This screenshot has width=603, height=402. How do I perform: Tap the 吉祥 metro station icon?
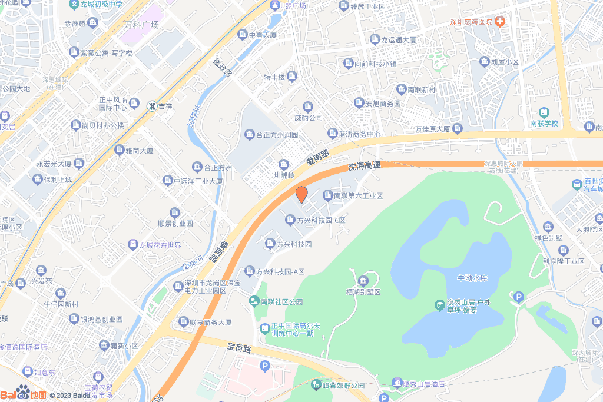coord(152,107)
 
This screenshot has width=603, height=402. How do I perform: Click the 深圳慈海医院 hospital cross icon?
coord(500,22)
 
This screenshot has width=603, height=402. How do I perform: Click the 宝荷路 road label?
coord(240,348)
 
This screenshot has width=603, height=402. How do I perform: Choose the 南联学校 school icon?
coord(544,112)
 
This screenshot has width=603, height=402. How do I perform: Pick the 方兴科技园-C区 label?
coord(321,221)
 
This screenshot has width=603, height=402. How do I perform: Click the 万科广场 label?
coord(141,25)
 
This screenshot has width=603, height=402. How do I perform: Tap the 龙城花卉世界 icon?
coord(134,245)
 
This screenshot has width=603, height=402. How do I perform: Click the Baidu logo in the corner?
coord(24,393)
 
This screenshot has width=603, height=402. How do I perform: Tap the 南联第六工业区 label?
coord(358,195)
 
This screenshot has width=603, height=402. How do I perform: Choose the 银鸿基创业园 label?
coord(102,319)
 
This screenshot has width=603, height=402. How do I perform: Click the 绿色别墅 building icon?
coord(549,227)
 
